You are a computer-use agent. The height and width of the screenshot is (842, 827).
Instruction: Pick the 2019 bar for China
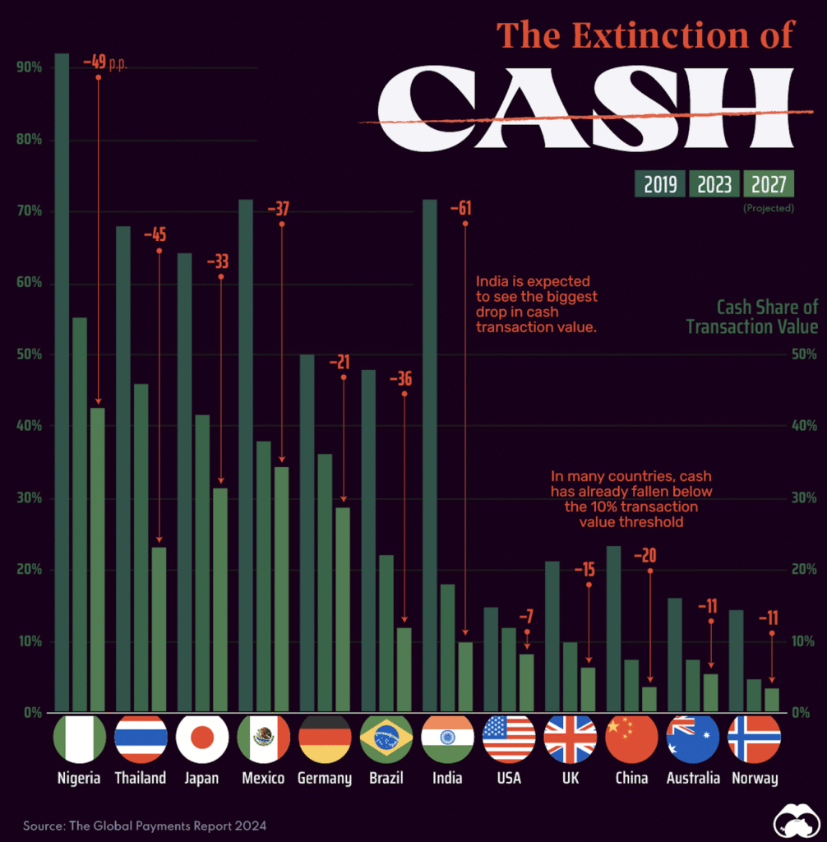coord(613,628)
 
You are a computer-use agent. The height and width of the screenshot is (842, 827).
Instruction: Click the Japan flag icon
coord(201,738)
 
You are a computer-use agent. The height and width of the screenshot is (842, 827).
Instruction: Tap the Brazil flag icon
coord(386,738)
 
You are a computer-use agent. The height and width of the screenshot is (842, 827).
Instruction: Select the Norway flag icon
coord(754,738)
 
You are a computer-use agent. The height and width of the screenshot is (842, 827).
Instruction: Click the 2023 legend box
coord(714,184)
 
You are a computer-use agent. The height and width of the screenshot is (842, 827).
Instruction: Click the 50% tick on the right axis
coord(804,354)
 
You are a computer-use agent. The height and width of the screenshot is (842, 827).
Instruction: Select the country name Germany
coord(324,778)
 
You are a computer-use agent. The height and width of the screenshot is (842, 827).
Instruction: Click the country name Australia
coord(693,778)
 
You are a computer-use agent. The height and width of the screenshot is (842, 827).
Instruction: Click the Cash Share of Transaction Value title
coord(752,317)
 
